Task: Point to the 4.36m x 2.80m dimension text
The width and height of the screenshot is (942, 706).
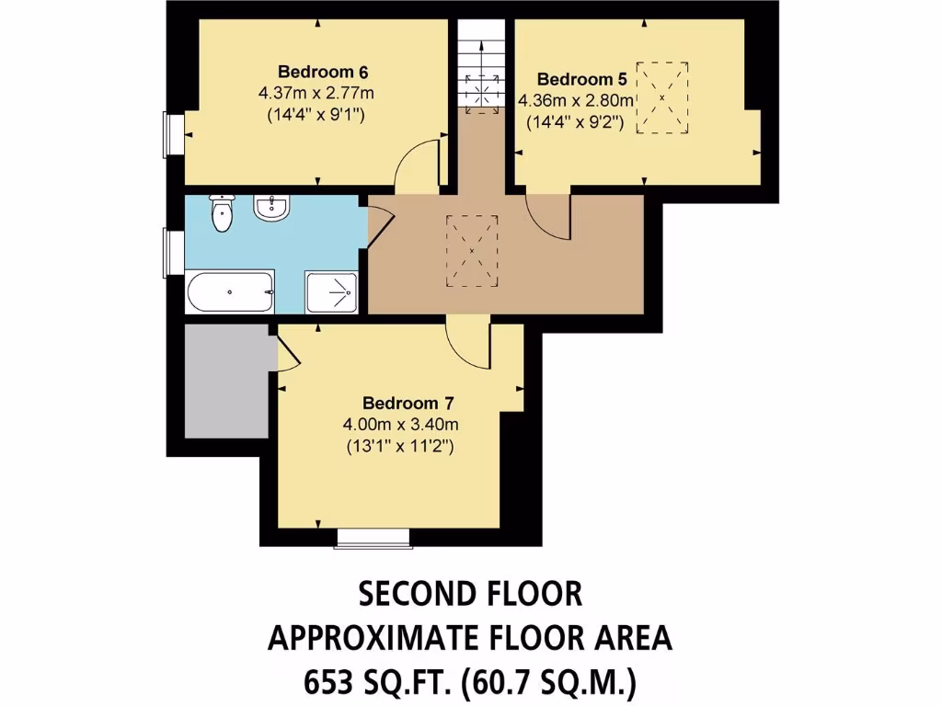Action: (x=577, y=100)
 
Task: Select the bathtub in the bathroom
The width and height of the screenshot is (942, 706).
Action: (x=230, y=293)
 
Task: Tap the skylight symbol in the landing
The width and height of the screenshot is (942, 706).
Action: (x=471, y=249)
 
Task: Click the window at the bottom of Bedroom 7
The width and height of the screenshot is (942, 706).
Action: (x=372, y=537)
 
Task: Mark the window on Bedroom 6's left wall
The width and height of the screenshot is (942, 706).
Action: (x=172, y=135)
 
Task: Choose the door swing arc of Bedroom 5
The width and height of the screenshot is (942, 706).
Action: (x=549, y=216)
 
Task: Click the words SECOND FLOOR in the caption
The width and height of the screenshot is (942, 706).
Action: (x=470, y=595)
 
